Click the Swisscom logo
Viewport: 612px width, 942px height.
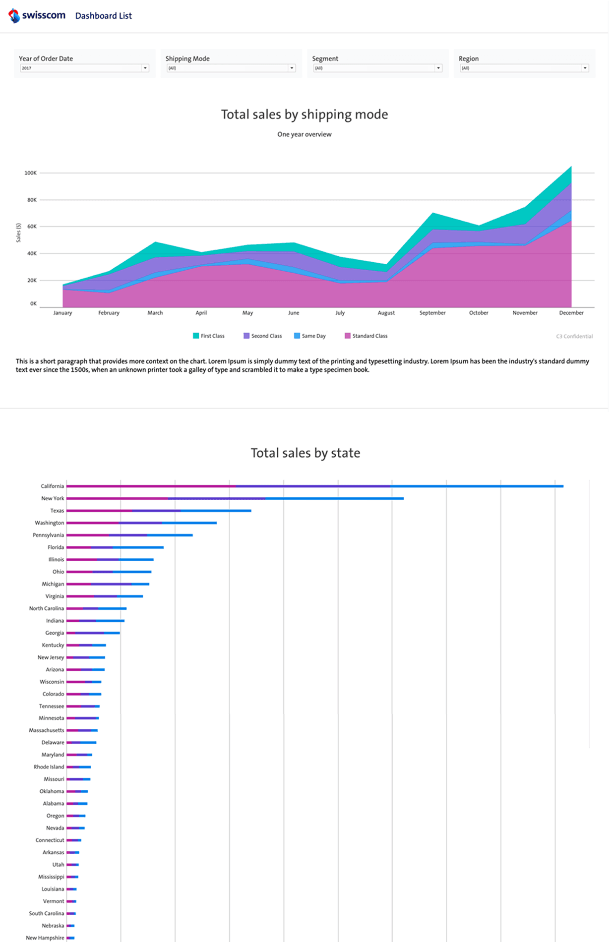[x=37, y=15]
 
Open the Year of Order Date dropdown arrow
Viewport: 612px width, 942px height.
[x=145, y=68]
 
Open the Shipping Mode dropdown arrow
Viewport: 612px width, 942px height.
[x=292, y=68]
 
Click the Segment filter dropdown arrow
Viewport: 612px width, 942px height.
[x=438, y=68]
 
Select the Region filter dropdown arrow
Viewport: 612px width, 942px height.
[x=585, y=68]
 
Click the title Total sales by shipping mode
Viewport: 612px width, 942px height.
[x=304, y=115]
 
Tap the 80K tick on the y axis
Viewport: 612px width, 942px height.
[x=32, y=200]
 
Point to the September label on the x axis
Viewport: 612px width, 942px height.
[x=432, y=313]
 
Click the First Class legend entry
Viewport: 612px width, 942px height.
[x=209, y=336]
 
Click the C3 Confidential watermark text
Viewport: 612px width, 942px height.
[x=574, y=336]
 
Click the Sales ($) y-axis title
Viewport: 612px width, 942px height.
[x=18, y=233]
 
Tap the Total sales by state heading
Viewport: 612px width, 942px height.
[x=305, y=453]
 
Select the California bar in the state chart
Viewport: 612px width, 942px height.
[x=314, y=486]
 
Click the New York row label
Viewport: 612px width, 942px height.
[x=52, y=498]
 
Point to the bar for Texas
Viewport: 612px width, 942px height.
[x=159, y=510]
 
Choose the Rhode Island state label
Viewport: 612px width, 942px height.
[x=49, y=766]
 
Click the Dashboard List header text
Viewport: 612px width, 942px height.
[x=103, y=16]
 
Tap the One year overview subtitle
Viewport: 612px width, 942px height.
[x=304, y=134]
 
